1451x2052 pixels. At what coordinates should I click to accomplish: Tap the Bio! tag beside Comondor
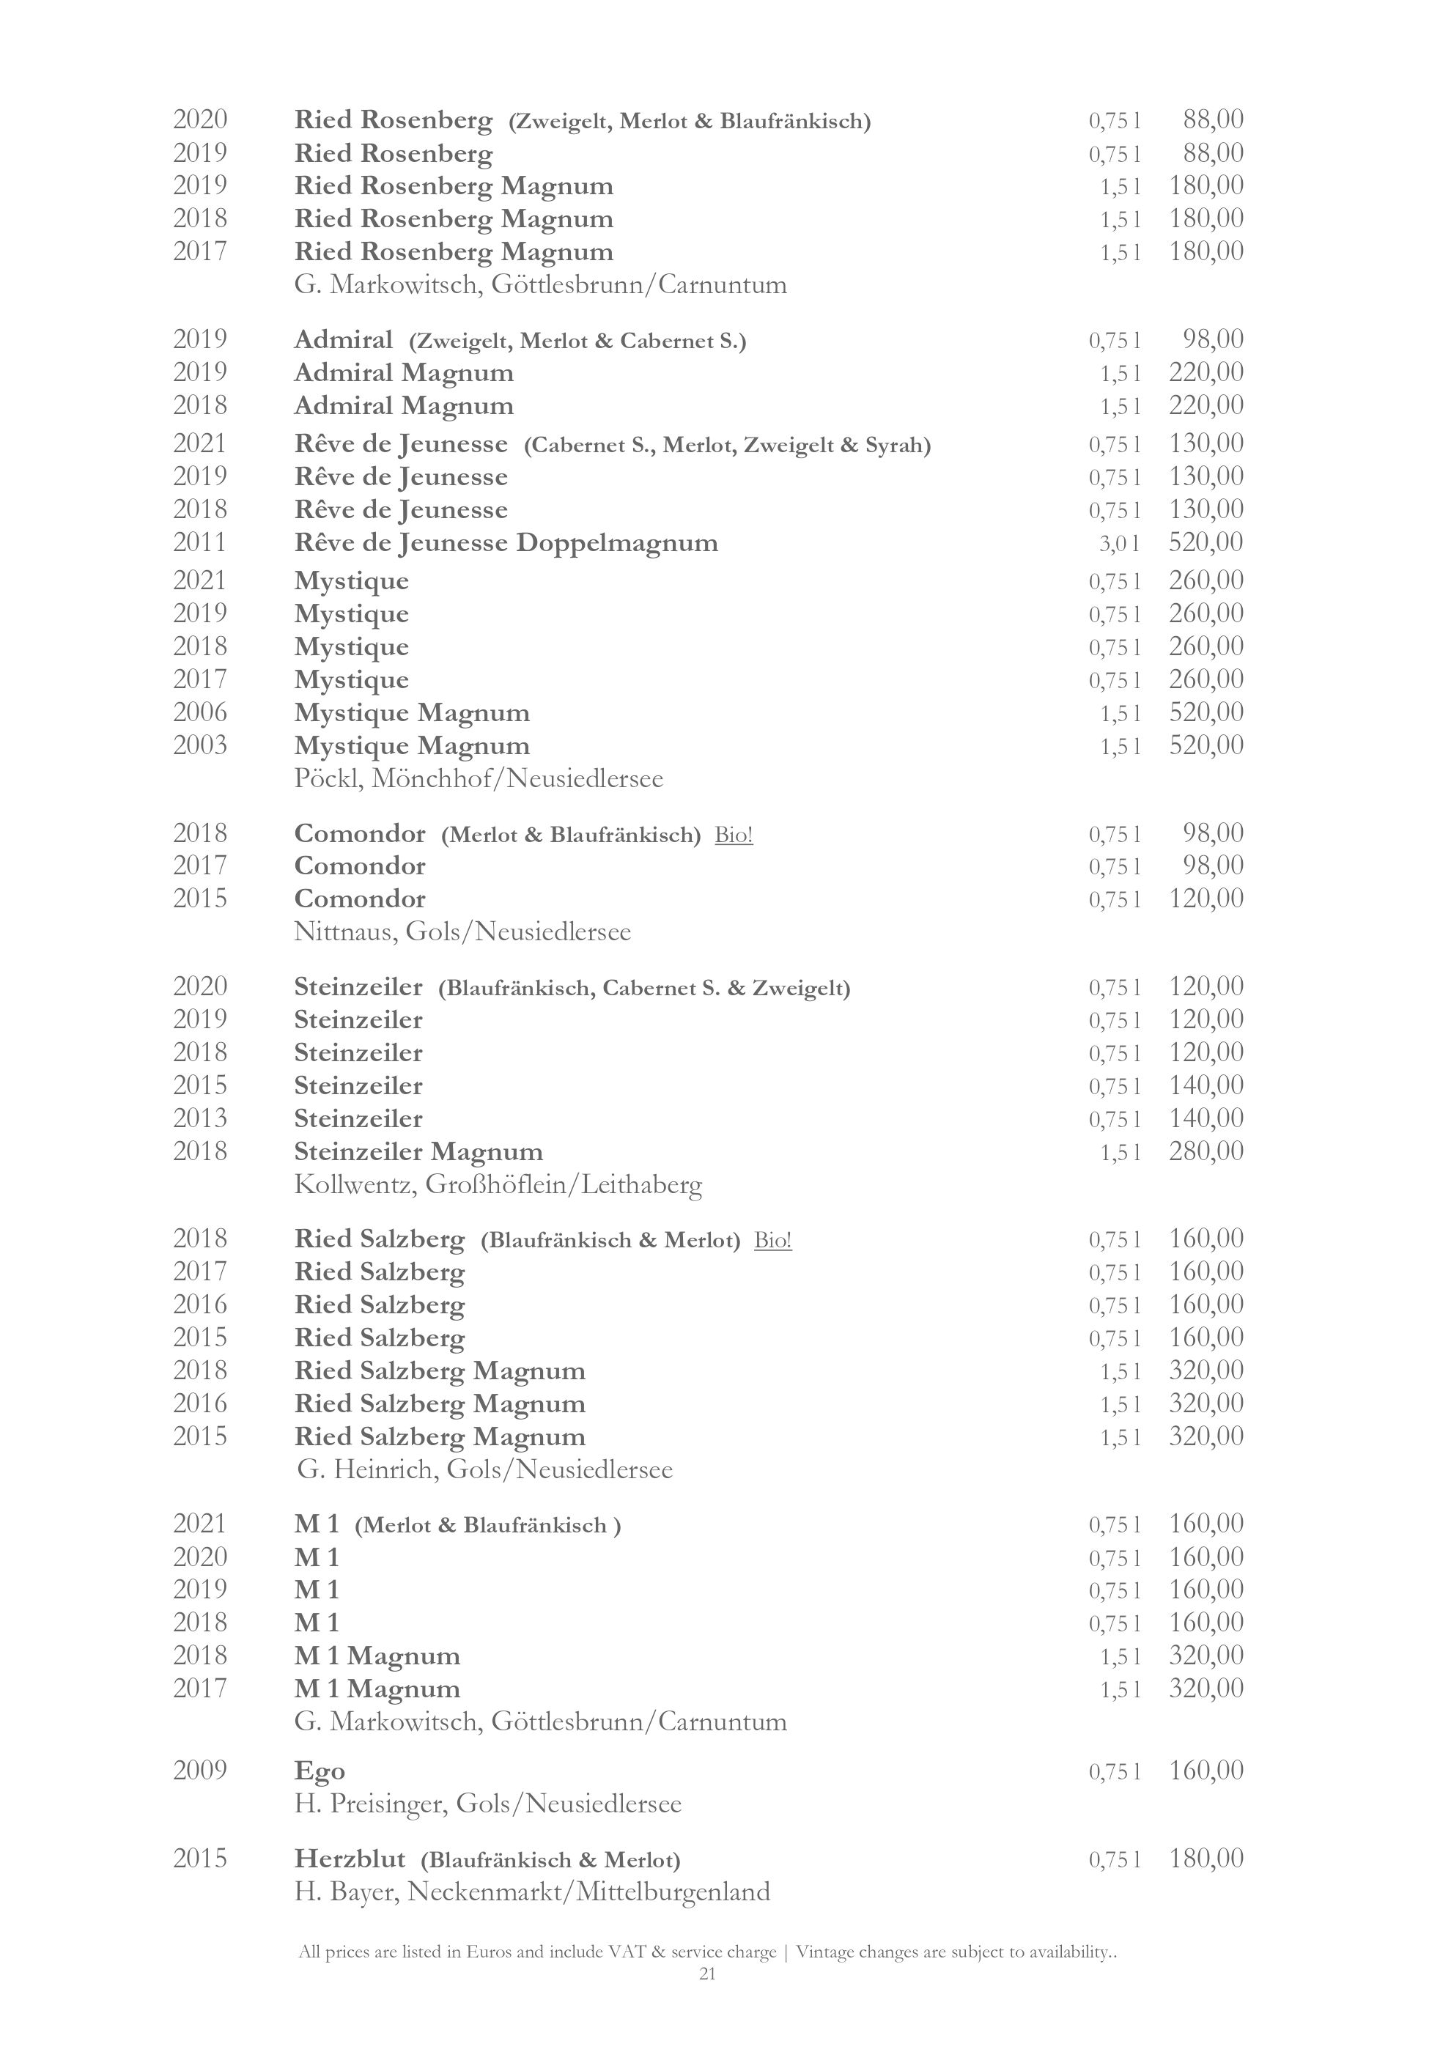(x=734, y=835)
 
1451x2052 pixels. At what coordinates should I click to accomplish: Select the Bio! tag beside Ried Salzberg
(x=773, y=1241)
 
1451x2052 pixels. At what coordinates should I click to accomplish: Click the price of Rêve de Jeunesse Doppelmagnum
(x=1206, y=542)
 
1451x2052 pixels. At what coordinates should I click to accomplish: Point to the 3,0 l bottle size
(x=1120, y=543)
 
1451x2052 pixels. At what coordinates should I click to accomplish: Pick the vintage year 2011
(x=200, y=542)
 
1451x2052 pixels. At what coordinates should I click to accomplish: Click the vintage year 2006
(x=200, y=712)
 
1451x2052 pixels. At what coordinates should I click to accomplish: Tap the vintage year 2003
(x=200, y=745)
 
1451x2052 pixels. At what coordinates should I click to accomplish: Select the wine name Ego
(x=319, y=1771)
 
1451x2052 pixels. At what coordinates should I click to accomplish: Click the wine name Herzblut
(x=350, y=1859)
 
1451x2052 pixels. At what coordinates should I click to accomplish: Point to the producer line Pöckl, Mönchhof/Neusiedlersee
(x=479, y=778)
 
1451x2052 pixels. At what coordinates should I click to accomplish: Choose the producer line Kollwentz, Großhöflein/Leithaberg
(x=498, y=1185)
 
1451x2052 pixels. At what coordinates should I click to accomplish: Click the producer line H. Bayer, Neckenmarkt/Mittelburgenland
(x=531, y=1892)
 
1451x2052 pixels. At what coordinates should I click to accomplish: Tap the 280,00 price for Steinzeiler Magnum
(x=1206, y=1151)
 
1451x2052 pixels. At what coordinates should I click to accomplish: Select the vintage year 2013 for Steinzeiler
(x=200, y=1118)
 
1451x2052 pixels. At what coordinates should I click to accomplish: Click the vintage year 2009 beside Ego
(x=200, y=1770)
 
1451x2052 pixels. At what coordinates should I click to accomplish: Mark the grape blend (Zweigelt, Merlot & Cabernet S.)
(x=577, y=342)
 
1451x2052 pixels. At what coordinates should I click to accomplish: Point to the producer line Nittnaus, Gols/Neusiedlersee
(x=462, y=932)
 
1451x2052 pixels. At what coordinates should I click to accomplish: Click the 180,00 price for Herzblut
(x=1206, y=1859)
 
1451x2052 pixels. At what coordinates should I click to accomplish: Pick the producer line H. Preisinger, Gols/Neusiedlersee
(x=488, y=1804)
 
